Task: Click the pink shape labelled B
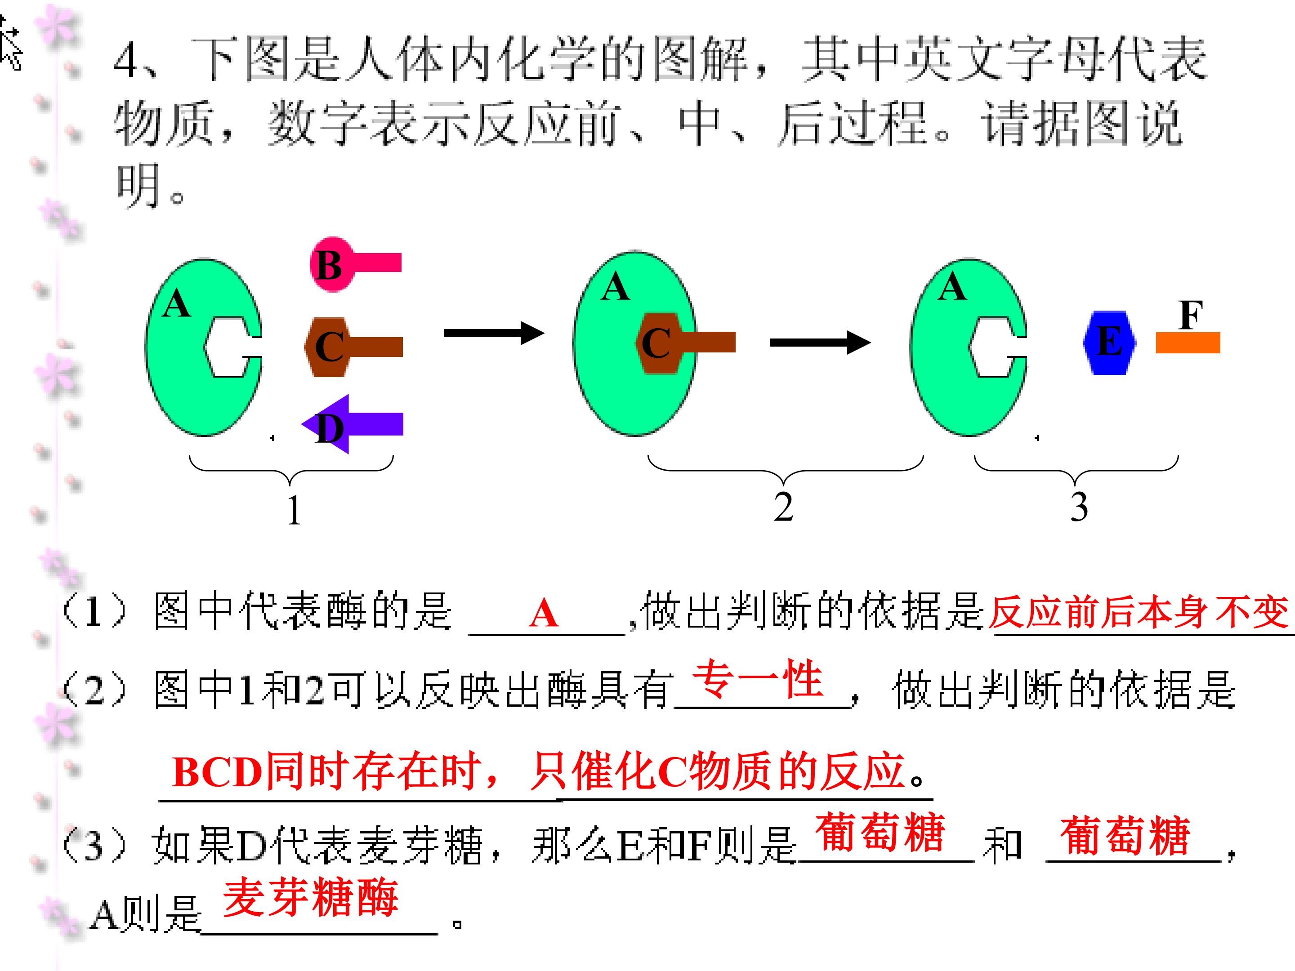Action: (351, 264)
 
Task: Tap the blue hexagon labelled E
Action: (1109, 343)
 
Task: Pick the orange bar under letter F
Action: (1188, 343)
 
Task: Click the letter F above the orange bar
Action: (1191, 315)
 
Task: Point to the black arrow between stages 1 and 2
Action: (494, 334)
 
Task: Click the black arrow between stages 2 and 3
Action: (820, 343)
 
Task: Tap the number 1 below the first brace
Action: (294, 509)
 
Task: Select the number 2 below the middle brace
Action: (783, 507)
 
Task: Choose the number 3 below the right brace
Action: (1079, 507)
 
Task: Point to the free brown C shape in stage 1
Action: (353, 347)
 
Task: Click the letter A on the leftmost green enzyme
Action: (177, 304)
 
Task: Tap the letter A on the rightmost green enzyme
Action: (952, 287)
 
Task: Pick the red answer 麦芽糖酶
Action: (311, 897)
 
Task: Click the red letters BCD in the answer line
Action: (217, 772)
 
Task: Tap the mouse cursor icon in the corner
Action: (10, 44)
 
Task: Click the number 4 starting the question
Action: (127, 62)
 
